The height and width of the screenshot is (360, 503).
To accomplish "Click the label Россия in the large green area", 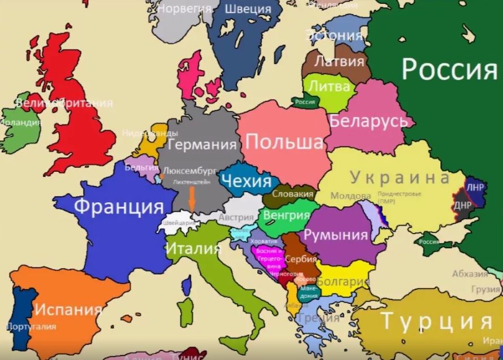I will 449,70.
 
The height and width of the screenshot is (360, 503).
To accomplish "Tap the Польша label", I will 288,141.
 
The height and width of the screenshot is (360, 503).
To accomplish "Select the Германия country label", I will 202,145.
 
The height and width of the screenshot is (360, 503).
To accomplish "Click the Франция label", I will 119,206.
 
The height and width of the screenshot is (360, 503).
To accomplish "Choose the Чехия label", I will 246,181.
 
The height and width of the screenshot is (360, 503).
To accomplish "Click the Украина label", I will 400,177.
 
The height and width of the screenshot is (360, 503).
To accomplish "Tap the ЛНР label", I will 475,187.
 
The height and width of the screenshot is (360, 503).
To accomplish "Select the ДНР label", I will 462,205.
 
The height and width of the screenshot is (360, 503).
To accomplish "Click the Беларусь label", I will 368,121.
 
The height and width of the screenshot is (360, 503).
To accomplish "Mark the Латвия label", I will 339,60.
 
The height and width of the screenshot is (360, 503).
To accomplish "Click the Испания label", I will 68,310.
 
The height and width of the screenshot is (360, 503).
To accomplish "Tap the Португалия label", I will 31,327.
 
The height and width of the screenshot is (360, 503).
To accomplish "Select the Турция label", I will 436,322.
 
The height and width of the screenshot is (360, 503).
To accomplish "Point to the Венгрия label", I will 287,215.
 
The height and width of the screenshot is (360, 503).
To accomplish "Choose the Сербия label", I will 301,259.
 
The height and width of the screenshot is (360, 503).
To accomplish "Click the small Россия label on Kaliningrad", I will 305,102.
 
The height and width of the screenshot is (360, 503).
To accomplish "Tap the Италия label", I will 193,248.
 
